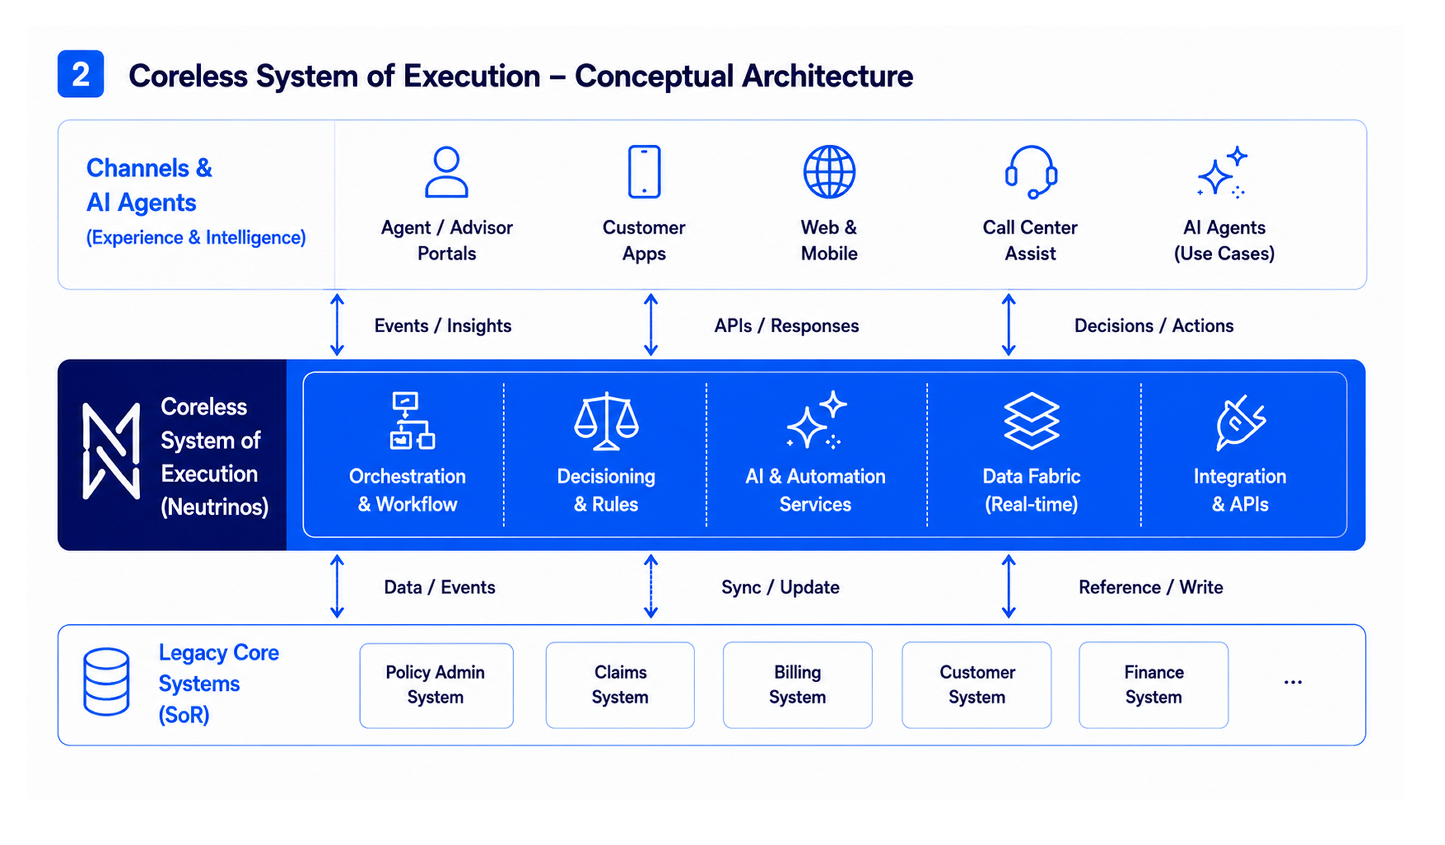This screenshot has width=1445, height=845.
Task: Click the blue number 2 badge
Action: [x=80, y=74]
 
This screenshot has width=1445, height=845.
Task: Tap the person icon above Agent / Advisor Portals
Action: [x=446, y=172]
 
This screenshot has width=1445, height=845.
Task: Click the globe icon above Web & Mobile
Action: [x=829, y=172]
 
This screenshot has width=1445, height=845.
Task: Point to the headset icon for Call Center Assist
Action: [x=1030, y=172]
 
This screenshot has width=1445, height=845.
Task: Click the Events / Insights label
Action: [x=443, y=325]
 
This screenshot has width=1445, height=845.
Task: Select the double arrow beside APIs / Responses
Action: [x=650, y=324]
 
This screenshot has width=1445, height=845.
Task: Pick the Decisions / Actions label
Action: [x=1154, y=325]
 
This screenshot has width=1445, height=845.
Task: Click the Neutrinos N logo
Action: [x=111, y=451]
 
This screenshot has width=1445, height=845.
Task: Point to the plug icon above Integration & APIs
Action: [x=1240, y=422]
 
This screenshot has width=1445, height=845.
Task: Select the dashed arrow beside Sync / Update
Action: [x=650, y=586]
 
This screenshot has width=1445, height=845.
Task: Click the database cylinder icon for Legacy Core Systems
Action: [x=106, y=682]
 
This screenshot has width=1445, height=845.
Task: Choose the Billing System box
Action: [x=797, y=685]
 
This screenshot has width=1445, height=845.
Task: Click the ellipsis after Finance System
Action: [x=1293, y=682]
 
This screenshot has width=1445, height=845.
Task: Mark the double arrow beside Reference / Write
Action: [x=1008, y=586]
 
